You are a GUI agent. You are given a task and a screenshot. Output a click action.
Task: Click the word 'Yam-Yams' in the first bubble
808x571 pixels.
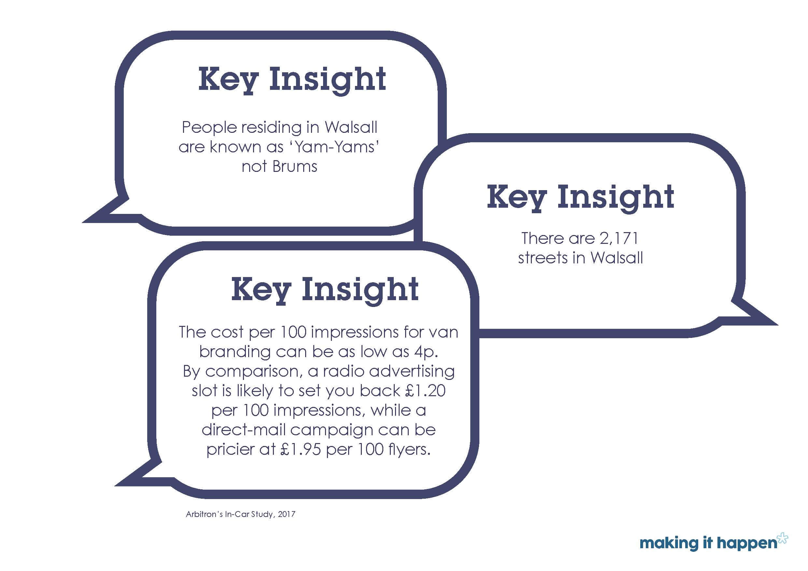[336, 147]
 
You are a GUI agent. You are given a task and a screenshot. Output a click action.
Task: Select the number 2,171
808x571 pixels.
[619, 239]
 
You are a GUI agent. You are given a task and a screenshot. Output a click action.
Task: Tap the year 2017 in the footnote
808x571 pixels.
[287, 514]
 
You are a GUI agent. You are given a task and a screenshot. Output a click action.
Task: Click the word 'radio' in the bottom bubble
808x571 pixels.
[344, 371]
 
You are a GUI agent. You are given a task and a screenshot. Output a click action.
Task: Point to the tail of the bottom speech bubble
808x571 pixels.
[117, 485]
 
